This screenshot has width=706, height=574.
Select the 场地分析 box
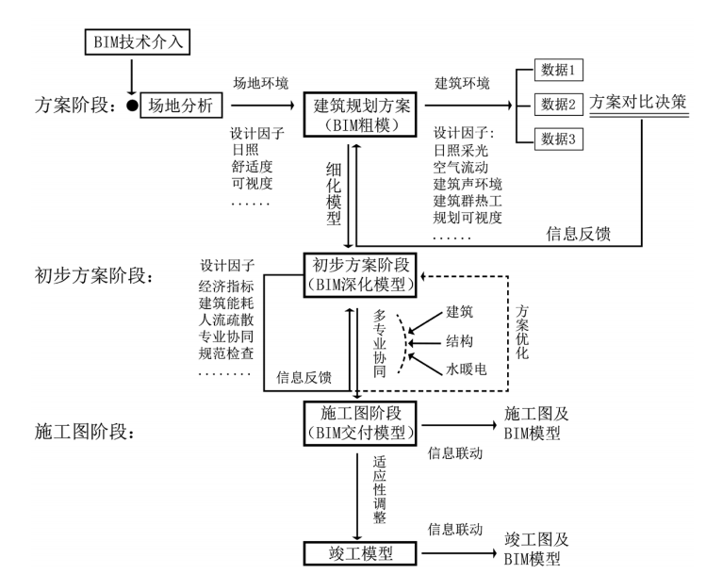click(180, 106)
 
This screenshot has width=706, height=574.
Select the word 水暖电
click(468, 369)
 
